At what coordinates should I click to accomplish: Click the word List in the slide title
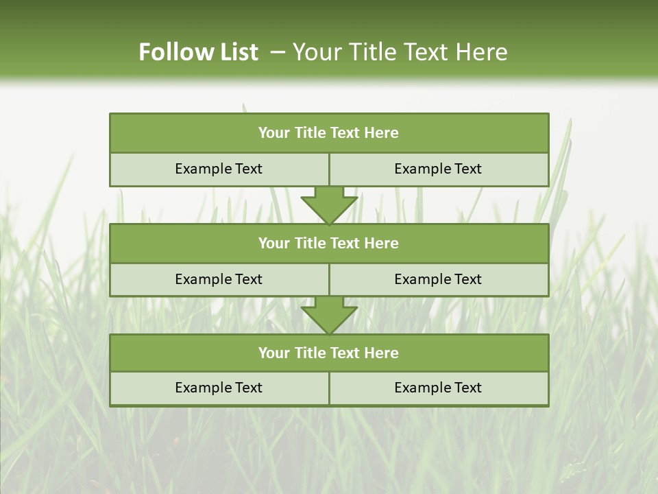[x=234, y=52]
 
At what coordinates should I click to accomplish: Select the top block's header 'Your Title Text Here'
[x=328, y=133]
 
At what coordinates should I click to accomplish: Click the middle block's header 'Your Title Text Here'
[x=328, y=243]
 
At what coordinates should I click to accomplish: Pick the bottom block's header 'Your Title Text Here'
[x=328, y=353]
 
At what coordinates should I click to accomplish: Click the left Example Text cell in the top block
[x=219, y=169]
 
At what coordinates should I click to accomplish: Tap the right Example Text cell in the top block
[x=438, y=169]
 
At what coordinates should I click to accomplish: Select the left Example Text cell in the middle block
[x=219, y=279]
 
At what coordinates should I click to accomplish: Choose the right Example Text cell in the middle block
[x=438, y=279]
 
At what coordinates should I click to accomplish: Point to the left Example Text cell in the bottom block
[x=219, y=388]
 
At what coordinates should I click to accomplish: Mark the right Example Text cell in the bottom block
[x=438, y=388]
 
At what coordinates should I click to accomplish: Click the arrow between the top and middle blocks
[x=329, y=204]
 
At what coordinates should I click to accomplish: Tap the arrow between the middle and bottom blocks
[x=329, y=315]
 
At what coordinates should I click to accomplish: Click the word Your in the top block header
[x=274, y=133]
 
